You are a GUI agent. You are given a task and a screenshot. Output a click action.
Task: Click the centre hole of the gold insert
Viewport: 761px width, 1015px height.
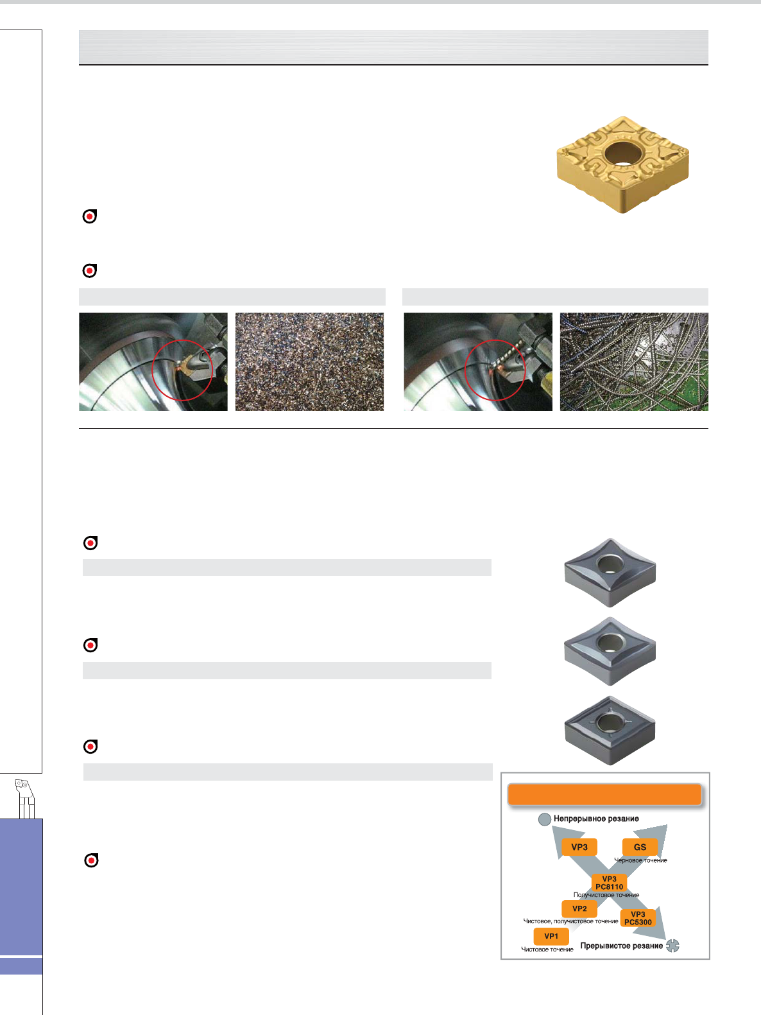coord(624,152)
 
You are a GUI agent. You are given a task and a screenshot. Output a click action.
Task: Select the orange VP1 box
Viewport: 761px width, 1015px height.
coord(551,936)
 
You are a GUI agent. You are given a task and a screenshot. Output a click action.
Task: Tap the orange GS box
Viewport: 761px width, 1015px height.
coord(640,847)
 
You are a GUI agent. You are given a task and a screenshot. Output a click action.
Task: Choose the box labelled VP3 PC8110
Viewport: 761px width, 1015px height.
coord(609,883)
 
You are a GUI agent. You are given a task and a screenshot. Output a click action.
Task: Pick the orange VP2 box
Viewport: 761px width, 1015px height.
coord(579,908)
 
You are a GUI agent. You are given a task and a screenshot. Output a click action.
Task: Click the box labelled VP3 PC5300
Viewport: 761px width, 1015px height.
coord(638,918)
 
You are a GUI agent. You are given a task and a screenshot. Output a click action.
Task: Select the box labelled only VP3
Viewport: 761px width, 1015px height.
coord(579,847)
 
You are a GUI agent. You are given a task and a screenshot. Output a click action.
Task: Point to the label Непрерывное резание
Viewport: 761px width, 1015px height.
coord(596,819)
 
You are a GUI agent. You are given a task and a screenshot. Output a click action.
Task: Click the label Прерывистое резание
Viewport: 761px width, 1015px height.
coord(622,946)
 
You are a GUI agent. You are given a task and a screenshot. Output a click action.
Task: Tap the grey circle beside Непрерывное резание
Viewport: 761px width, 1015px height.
coord(545,819)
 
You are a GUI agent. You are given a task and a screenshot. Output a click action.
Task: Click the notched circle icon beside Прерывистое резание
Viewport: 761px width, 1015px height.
coord(672,946)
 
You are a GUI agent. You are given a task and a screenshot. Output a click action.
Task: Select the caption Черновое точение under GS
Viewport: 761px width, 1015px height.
coord(640,860)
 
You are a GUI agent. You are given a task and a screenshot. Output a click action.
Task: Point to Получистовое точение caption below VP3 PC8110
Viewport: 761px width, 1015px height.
coord(606,895)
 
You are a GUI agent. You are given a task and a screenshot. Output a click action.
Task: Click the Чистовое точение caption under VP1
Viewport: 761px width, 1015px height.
coord(547,950)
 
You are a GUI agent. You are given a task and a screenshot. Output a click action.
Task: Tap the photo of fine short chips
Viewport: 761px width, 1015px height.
coord(309,361)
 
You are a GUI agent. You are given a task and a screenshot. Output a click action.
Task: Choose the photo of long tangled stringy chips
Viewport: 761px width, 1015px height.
coord(634,361)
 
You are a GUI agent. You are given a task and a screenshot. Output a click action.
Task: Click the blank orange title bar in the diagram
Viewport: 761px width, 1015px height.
coord(604,795)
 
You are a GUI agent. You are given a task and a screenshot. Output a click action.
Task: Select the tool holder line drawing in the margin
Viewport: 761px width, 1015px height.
coord(25,799)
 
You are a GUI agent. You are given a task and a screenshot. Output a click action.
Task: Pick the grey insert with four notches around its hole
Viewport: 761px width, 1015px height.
coord(610,731)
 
